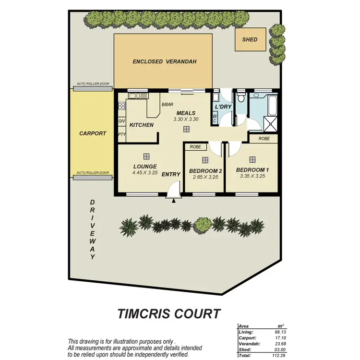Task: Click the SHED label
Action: pos(250,40)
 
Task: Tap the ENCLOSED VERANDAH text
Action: pos(165,61)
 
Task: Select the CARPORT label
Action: pos(93,133)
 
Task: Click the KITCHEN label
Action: pos(142,125)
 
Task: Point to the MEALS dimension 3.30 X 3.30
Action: pos(186,119)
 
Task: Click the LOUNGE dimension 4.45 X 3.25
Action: pos(145,172)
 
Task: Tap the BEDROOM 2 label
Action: pos(205,171)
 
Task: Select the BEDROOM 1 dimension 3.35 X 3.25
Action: pos(252,176)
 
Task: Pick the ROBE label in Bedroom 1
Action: pos(264,138)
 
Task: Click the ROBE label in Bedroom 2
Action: pos(195,147)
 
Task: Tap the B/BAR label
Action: pos(167,104)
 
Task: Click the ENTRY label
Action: pos(171,174)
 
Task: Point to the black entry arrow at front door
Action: pos(174,201)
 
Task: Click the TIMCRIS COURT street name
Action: pos(169,314)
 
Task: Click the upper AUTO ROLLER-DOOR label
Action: pos(93,84)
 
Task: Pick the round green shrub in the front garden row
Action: pos(204,224)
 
